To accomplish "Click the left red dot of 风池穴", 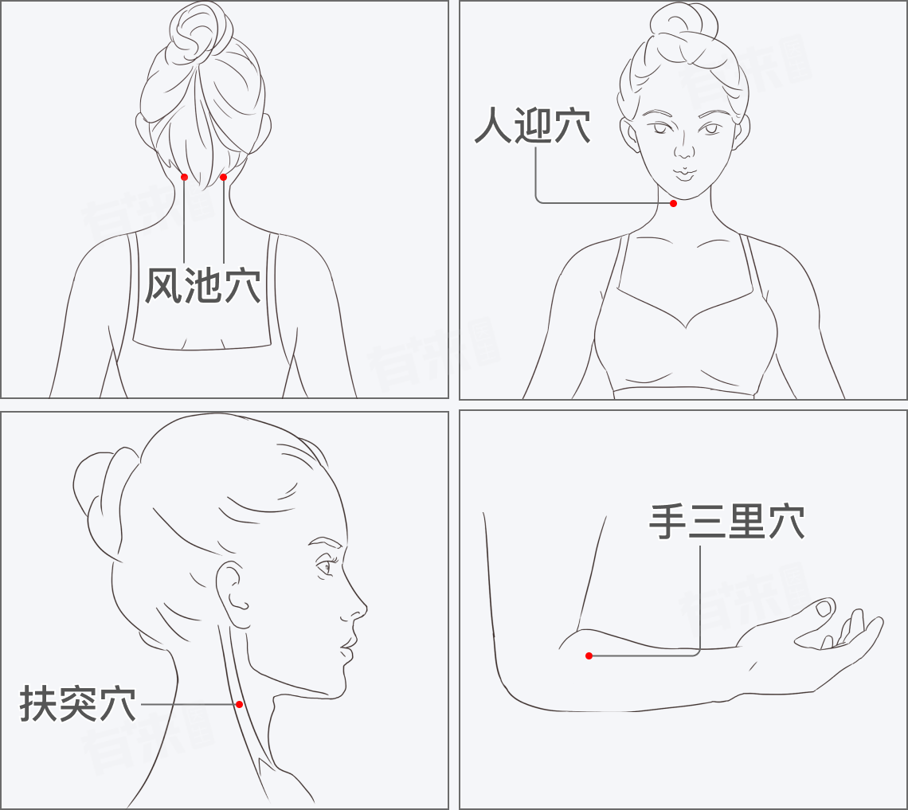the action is pyautogui.click(x=184, y=177).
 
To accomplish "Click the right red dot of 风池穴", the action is pyautogui.click(x=224, y=177).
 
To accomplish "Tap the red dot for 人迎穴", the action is pyautogui.click(x=673, y=203).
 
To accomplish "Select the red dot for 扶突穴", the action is pyautogui.click(x=239, y=704).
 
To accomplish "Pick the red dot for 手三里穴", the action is pyautogui.click(x=589, y=656).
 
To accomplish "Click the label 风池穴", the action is pyautogui.click(x=202, y=285).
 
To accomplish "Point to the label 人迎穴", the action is pyautogui.click(x=533, y=125).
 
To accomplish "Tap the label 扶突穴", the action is pyautogui.click(x=77, y=703).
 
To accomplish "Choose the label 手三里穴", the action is pyautogui.click(x=726, y=522).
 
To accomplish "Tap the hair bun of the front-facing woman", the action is pyautogui.click(x=684, y=26).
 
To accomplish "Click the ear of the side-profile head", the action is pyautogui.click(x=233, y=593).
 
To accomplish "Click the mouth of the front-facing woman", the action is pyautogui.click(x=684, y=173).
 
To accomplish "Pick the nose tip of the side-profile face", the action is pyautogui.click(x=365, y=608).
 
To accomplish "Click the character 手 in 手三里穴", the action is pyautogui.click(x=667, y=522).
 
